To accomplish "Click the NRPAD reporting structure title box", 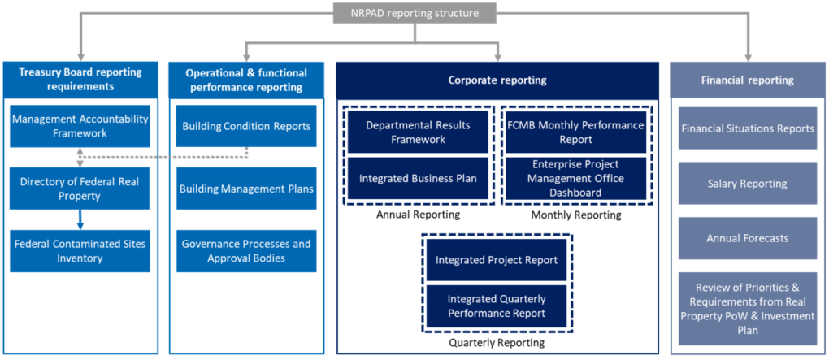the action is (x=414, y=13).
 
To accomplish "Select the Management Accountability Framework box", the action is (x=80, y=126).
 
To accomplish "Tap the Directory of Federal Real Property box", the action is (x=80, y=189).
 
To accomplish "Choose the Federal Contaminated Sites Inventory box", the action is (x=80, y=251).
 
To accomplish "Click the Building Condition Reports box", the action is (x=246, y=126).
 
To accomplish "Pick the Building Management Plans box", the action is (x=246, y=189).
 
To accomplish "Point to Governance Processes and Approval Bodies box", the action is (x=246, y=251).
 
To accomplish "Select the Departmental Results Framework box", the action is (x=418, y=132).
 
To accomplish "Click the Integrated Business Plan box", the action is (x=418, y=178).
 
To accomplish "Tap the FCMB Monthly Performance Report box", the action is (x=576, y=132).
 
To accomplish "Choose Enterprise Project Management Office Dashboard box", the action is (x=576, y=178).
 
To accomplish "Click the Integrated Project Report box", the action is (x=497, y=260).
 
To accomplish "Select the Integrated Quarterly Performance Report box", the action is (x=497, y=306).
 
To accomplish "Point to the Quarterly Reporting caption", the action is (x=497, y=343).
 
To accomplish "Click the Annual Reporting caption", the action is (x=419, y=215).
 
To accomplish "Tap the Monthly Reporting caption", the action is (x=576, y=215).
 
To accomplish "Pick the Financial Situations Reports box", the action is (x=748, y=128).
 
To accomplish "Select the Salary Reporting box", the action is (x=748, y=184).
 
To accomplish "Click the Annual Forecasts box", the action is (x=748, y=238).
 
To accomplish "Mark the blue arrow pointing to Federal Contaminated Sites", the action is (x=80, y=219).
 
